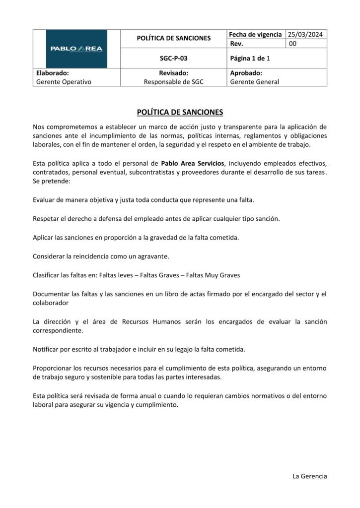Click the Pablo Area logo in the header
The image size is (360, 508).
click(76, 49)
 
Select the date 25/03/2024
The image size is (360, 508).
click(306, 34)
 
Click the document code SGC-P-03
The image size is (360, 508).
click(174, 58)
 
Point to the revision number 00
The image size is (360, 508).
click(293, 44)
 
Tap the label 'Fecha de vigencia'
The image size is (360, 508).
click(255, 34)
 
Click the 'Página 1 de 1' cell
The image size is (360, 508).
click(250, 58)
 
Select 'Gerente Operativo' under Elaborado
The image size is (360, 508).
click(64, 82)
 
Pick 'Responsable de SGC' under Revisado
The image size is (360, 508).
click(174, 82)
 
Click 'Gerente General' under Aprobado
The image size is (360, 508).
click(255, 82)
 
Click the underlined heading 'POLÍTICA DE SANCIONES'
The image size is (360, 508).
click(180, 112)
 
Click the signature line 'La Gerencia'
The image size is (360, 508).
click(310, 476)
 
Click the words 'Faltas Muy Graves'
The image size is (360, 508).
click(214, 275)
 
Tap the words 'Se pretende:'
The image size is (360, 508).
click(52, 182)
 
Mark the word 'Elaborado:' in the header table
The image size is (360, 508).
click(52, 73)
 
